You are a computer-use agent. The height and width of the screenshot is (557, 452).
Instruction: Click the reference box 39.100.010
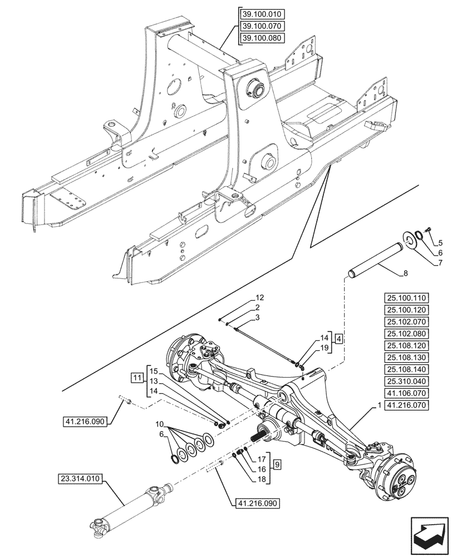tap(261, 15)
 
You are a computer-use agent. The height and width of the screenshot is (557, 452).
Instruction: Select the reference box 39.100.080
tap(261, 38)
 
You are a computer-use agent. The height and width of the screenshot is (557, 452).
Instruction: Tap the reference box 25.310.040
tap(406, 382)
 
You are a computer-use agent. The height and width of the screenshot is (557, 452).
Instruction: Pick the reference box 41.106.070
tap(406, 393)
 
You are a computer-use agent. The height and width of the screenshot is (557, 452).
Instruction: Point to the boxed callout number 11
tap(137, 378)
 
